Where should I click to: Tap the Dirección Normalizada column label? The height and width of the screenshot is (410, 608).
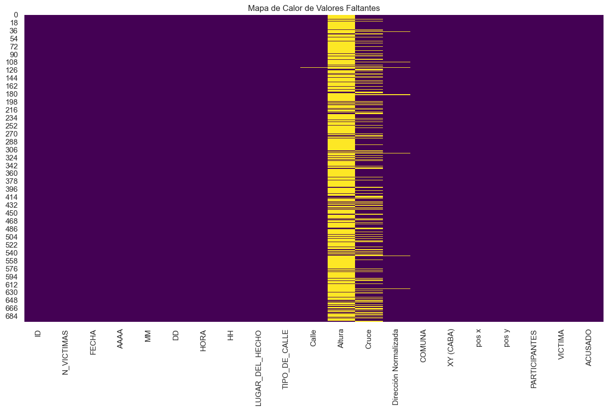tap(396, 367)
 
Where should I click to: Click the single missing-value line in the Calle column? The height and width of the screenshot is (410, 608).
tap(314, 67)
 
